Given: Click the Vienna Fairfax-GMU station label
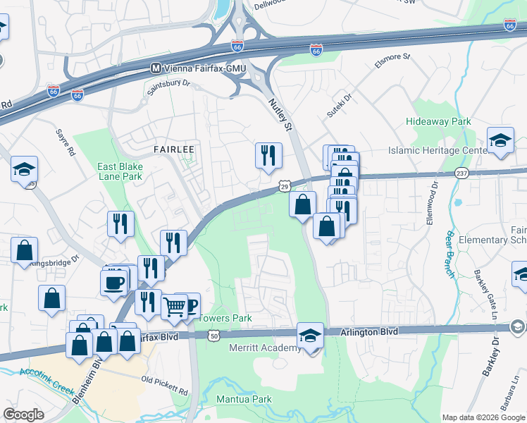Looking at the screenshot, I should [202, 68].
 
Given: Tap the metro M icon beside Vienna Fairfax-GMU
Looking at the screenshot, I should [155, 68].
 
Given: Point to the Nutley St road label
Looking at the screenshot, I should [280, 115].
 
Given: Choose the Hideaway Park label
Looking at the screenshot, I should [438, 122].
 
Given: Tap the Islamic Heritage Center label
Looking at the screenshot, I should [438, 151].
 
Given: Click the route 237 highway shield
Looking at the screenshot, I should [462, 173].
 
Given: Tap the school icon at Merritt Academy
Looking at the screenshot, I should [309, 336].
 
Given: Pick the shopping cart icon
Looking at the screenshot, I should [173, 307].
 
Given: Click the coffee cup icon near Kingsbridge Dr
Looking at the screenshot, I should [113, 283].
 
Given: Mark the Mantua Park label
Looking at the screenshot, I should [243, 399].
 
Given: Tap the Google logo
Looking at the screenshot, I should [24, 415].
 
